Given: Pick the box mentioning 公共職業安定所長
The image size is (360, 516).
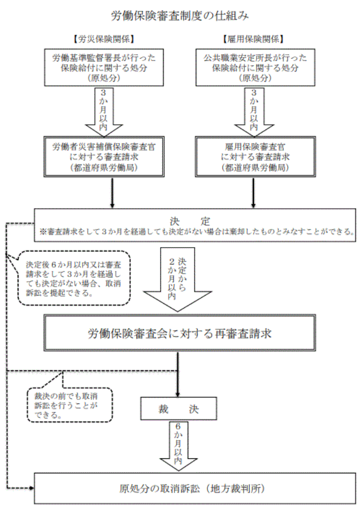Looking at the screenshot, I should point(252,67).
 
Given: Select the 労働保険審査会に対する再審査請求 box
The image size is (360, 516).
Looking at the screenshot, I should point(180,335).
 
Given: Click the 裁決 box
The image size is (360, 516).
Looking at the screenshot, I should point(178,410).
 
